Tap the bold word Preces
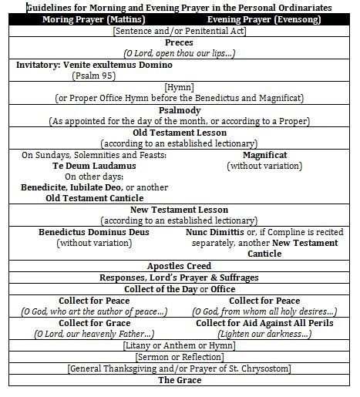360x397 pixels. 180,42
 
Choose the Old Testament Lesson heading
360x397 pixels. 180,132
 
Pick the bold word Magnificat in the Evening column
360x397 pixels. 264,154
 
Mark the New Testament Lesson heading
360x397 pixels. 180,209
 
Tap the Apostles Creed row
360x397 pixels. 180,266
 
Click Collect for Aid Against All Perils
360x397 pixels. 264,322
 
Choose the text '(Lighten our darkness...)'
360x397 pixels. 264,334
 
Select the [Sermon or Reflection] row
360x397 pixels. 180,357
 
